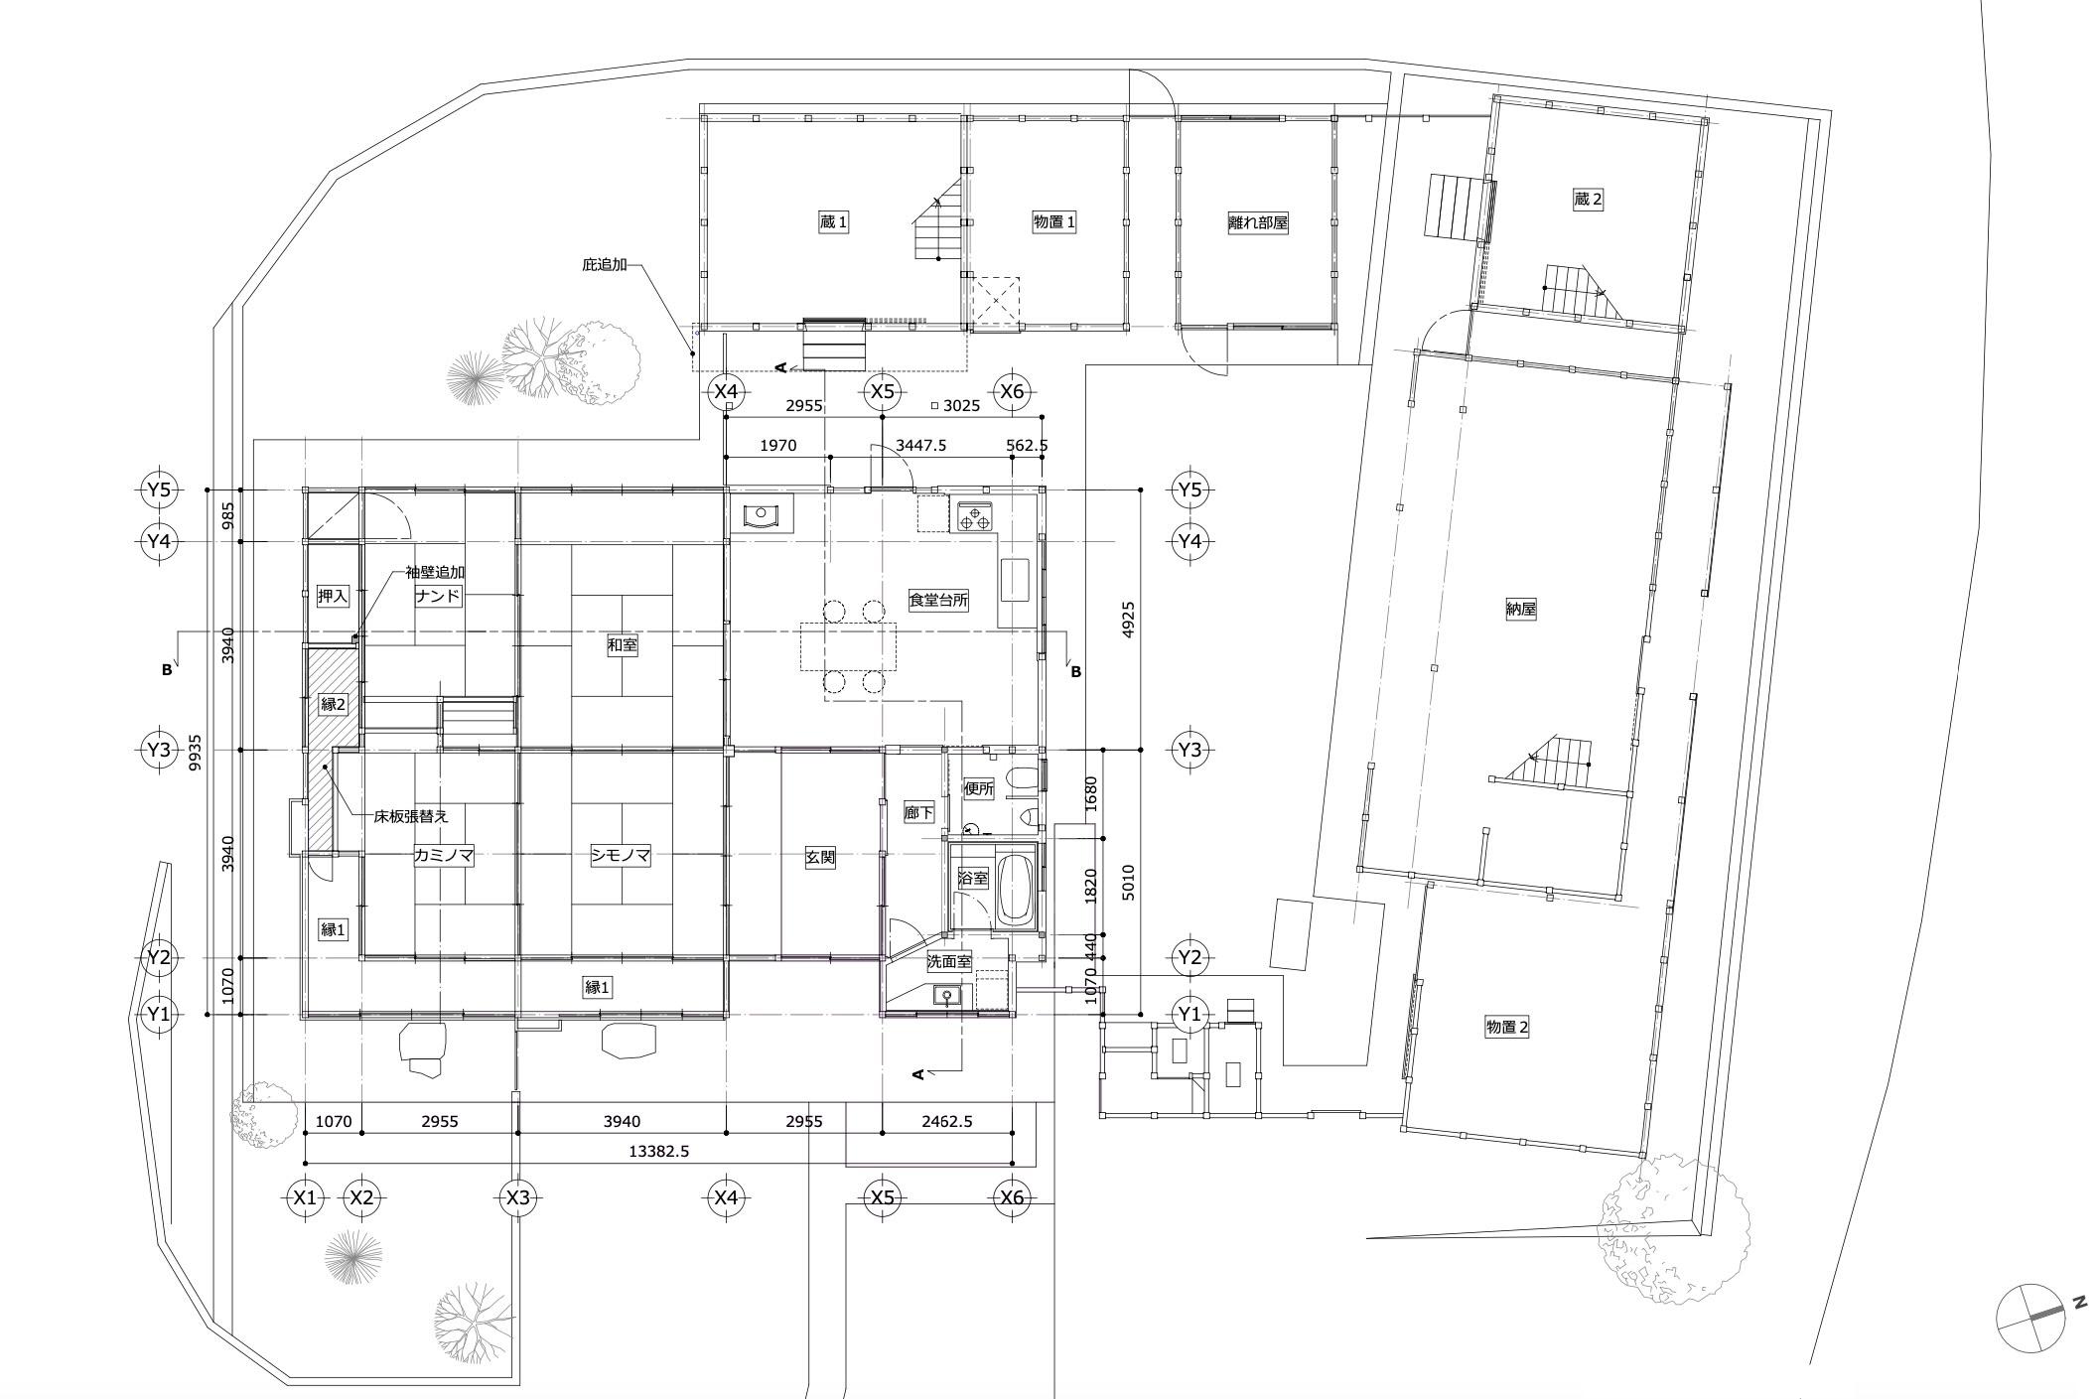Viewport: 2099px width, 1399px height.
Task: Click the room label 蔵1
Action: tap(833, 222)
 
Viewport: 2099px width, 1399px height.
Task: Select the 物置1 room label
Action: tap(1053, 222)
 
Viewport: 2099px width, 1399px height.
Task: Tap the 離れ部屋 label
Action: tap(1258, 222)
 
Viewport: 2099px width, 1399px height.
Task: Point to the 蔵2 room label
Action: tap(1588, 199)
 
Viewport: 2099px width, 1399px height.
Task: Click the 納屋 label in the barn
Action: tap(1520, 610)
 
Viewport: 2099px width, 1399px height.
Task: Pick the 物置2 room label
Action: tap(1506, 1027)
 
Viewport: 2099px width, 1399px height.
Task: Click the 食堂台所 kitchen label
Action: tap(938, 599)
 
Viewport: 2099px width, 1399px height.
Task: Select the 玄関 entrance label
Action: tap(819, 857)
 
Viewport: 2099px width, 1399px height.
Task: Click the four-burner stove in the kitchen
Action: tap(974, 516)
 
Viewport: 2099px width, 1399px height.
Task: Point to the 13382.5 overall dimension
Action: tap(659, 1152)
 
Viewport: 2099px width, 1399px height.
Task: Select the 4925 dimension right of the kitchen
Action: tap(1128, 620)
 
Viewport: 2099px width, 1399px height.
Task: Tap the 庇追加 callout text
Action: tap(604, 265)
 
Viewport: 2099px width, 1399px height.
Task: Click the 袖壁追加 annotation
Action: tap(435, 572)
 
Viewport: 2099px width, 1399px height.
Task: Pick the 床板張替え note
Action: tap(411, 816)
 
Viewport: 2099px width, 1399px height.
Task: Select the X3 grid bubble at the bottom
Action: tap(518, 1197)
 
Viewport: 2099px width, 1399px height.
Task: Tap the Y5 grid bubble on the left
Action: tap(159, 490)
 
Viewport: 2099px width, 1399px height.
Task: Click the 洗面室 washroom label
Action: tap(949, 961)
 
